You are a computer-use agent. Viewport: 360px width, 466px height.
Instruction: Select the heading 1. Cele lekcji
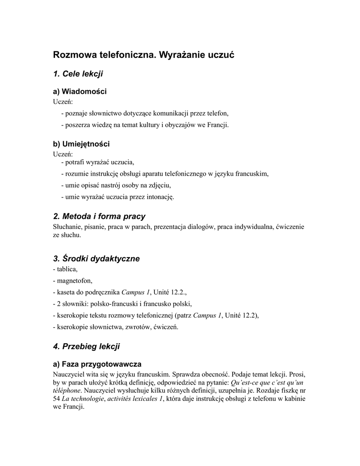pos(78,73)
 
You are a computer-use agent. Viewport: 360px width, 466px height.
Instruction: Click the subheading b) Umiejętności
pos(81,144)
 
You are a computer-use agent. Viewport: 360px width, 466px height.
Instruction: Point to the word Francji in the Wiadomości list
pos(218,124)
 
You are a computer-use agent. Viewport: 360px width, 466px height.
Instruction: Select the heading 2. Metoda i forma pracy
pos(99,216)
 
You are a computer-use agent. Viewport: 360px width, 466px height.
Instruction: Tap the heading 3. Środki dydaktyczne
pos(96,258)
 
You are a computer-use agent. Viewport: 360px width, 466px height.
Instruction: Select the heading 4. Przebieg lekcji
pos(86,347)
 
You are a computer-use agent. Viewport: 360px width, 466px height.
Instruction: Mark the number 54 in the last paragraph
pos(57,399)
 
